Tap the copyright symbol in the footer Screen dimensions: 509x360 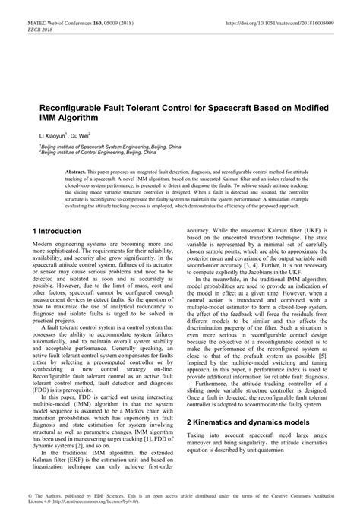pos(30,495)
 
